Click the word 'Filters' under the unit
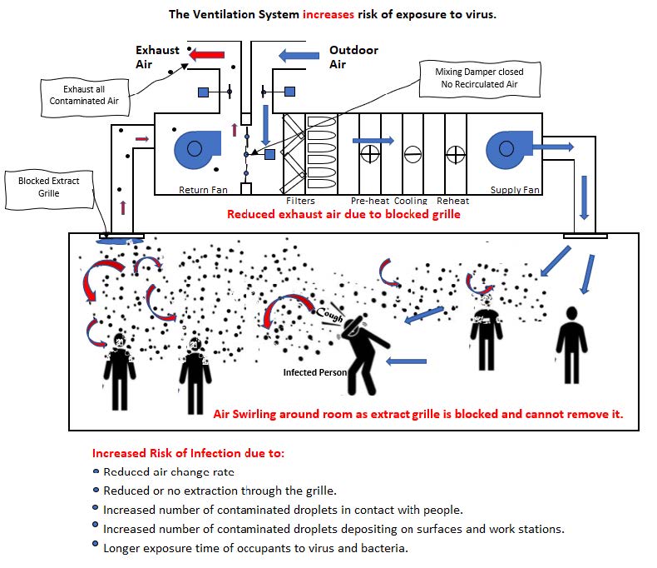point(301,201)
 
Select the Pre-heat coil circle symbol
point(370,153)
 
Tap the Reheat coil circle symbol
point(454,153)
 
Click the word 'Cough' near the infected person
point(329,312)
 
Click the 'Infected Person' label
point(314,372)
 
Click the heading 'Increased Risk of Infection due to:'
point(188,454)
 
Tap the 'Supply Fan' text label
point(515,190)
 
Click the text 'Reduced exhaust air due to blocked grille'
point(343,214)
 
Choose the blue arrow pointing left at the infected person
point(406,361)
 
